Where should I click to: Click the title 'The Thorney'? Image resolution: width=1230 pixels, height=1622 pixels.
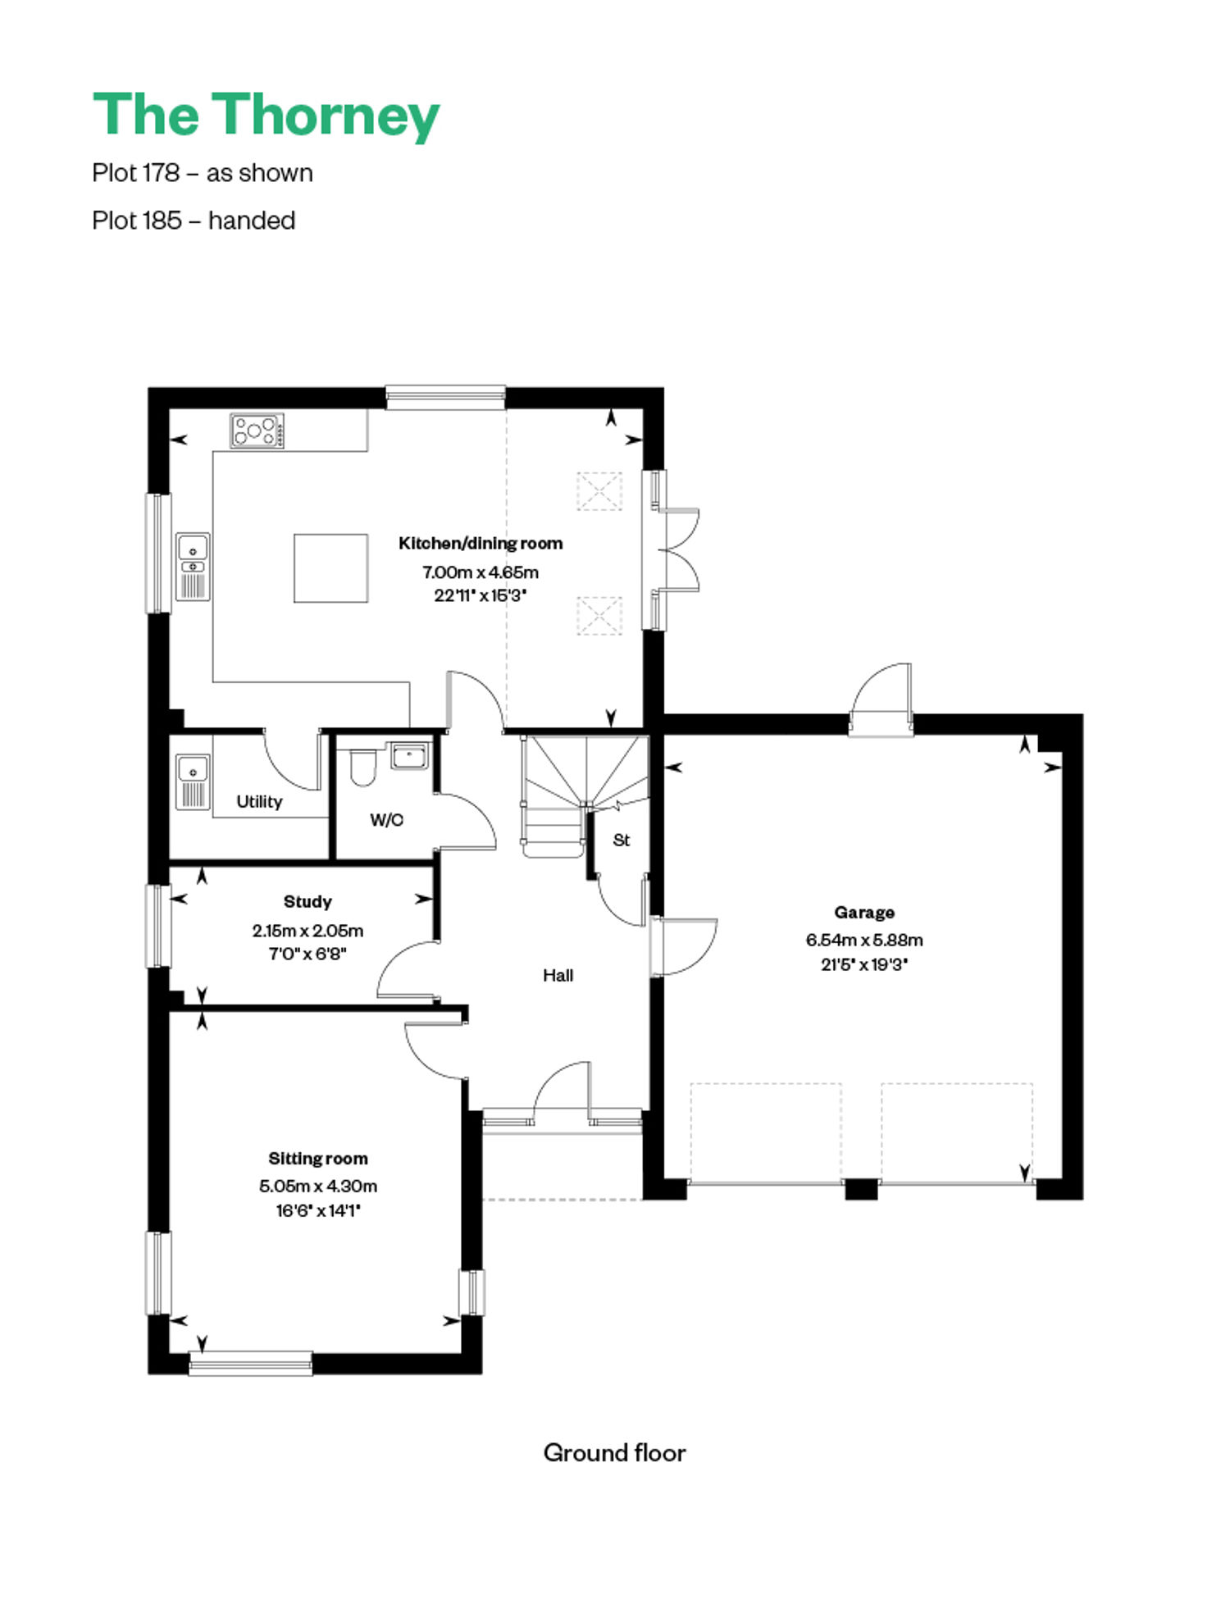(266, 116)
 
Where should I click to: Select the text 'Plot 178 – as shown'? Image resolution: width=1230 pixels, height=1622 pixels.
(203, 173)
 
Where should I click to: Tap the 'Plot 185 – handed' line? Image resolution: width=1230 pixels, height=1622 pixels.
(194, 221)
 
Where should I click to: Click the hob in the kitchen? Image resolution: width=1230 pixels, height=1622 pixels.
(257, 431)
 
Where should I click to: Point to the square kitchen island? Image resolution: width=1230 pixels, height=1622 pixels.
(331, 568)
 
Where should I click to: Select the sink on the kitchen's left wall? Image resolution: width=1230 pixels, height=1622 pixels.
(194, 567)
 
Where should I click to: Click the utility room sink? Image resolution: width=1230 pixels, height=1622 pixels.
(194, 781)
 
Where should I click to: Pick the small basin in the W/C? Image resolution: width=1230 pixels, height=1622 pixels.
(409, 755)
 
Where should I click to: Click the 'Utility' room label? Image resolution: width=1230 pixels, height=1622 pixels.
(259, 802)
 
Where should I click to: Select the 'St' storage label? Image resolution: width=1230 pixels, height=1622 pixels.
(622, 840)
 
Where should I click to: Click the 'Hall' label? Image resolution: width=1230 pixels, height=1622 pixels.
(558, 975)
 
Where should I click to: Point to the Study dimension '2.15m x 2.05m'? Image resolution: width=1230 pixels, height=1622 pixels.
(307, 931)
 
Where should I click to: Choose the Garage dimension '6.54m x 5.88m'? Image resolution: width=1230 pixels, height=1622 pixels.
(864, 940)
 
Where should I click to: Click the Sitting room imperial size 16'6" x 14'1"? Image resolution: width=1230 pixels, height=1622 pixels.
(318, 1210)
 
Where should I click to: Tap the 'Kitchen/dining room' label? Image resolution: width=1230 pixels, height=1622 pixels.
(481, 543)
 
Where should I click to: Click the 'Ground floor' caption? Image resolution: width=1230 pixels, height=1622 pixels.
(614, 1453)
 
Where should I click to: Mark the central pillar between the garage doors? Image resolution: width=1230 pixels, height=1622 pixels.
(861, 1189)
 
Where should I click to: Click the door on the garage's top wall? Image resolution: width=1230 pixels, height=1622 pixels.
(881, 697)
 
